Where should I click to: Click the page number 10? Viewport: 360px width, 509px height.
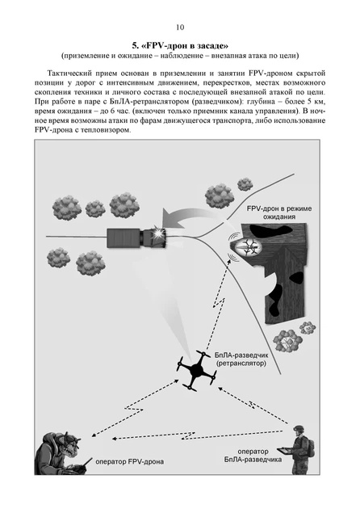click(180, 27)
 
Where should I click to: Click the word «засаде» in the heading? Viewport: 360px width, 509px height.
click(210, 45)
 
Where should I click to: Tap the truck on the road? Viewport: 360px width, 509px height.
click(136, 238)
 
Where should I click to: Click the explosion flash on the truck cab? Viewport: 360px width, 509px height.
click(158, 233)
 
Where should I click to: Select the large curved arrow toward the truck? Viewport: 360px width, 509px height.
click(188, 217)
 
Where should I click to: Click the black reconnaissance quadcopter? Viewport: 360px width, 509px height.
click(196, 369)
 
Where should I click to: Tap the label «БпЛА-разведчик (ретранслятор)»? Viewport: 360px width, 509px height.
click(241, 359)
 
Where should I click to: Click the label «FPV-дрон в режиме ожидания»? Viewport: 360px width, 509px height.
click(279, 212)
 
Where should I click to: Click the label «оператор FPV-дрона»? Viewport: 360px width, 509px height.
click(129, 461)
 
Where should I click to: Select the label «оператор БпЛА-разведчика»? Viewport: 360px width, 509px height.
click(253, 456)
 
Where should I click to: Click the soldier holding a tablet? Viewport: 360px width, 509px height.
click(299, 449)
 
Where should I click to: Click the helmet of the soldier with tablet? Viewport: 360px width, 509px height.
click(299, 430)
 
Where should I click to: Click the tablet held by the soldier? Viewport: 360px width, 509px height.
click(285, 451)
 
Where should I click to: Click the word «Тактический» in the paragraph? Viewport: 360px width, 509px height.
click(66, 74)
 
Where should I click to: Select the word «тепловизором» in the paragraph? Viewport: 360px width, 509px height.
click(107, 131)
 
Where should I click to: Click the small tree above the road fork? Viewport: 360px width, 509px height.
click(245, 184)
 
